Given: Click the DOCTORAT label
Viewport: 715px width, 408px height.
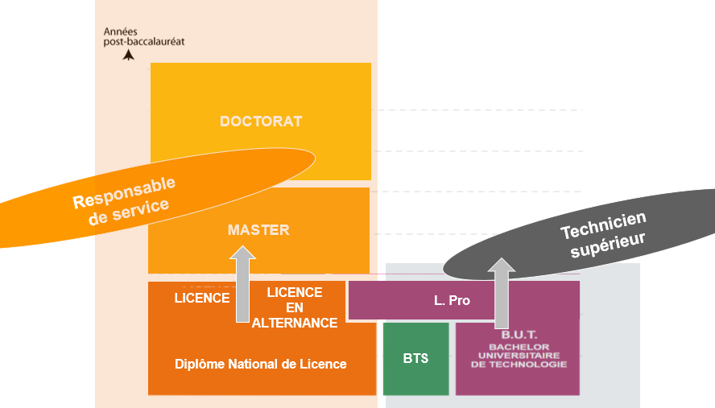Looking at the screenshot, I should pyautogui.click(x=261, y=122).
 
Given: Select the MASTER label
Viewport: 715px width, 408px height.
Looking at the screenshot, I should pyautogui.click(x=258, y=230).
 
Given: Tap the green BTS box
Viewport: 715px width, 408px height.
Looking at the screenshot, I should pyautogui.click(x=415, y=358).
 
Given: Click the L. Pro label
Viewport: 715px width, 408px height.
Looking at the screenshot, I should pyautogui.click(x=452, y=301).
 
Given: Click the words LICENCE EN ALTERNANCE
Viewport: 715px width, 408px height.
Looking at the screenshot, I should pyautogui.click(x=295, y=307).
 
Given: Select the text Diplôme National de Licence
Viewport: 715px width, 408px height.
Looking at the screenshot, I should pyautogui.click(x=261, y=364).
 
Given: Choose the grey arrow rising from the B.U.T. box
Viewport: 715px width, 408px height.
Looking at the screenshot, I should pyautogui.click(x=502, y=293).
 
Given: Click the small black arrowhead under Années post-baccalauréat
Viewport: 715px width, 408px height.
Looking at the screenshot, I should pyautogui.click(x=127, y=56).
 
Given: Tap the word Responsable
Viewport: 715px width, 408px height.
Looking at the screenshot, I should pyautogui.click(x=124, y=192).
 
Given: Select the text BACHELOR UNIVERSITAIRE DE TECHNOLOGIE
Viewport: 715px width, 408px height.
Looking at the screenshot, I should pyautogui.click(x=519, y=356).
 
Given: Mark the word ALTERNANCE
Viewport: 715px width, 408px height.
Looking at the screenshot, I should pyautogui.click(x=295, y=323).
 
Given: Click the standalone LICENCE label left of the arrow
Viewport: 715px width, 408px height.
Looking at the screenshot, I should pyautogui.click(x=202, y=298).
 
